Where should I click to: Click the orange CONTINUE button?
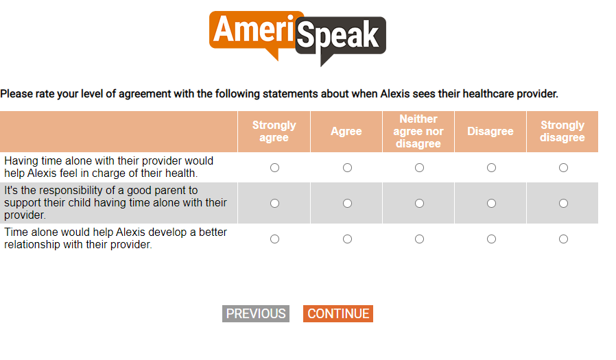pyautogui.click(x=338, y=313)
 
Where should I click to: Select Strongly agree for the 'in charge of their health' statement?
pyautogui.click(x=274, y=167)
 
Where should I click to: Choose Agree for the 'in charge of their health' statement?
pyautogui.click(x=347, y=167)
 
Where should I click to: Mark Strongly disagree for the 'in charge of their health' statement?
pyautogui.click(x=563, y=167)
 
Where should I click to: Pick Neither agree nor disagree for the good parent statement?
pyautogui.click(x=420, y=204)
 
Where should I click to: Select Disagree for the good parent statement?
pyautogui.click(x=491, y=204)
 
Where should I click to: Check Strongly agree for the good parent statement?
pyautogui.click(x=274, y=204)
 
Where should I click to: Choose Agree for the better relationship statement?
pyautogui.click(x=347, y=239)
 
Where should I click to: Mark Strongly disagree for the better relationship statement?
pyautogui.click(x=563, y=239)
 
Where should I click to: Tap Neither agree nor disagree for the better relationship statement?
pyautogui.click(x=420, y=239)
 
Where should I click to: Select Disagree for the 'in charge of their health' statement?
pyautogui.click(x=491, y=167)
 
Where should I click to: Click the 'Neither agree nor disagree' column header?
pyautogui.click(x=418, y=131)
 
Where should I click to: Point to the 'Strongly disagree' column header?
pyautogui.click(x=562, y=131)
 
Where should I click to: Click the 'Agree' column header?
pyautogui.click(x=346, y=131)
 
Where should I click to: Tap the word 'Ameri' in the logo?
pyautogui.click(x=253, y=29)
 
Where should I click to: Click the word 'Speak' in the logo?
pyautogui.click(x=338, y=36)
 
